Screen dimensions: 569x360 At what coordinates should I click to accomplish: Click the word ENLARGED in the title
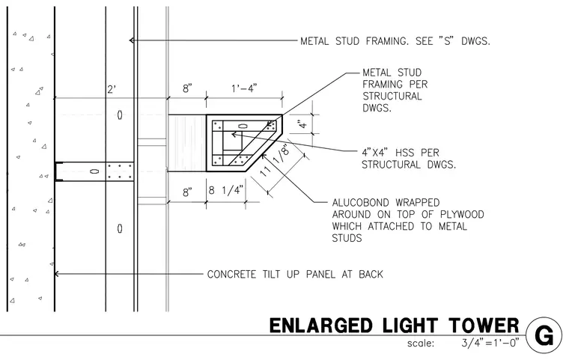(321, 326)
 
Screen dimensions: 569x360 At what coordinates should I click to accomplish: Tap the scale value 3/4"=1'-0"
(490, 342)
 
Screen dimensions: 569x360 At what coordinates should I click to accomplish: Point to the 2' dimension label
(111, 89)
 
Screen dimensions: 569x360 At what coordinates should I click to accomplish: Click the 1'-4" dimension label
(244, 88)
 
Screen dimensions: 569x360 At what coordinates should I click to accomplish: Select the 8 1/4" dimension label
(225, 190)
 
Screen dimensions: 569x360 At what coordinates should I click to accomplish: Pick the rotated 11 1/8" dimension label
(276, 161)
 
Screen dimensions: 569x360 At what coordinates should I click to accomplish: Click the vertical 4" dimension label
(302, 124)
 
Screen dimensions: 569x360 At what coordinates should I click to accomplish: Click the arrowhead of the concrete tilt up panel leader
(56, 274)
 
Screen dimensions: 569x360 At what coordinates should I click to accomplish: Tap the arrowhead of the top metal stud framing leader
(131, 40)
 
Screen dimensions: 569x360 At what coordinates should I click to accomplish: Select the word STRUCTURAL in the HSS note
(392, 165)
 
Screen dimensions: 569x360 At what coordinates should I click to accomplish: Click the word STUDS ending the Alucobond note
(347, 239)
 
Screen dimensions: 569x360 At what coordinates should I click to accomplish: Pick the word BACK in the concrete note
(371, 274)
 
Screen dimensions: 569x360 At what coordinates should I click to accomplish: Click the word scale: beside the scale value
(421, 344)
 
